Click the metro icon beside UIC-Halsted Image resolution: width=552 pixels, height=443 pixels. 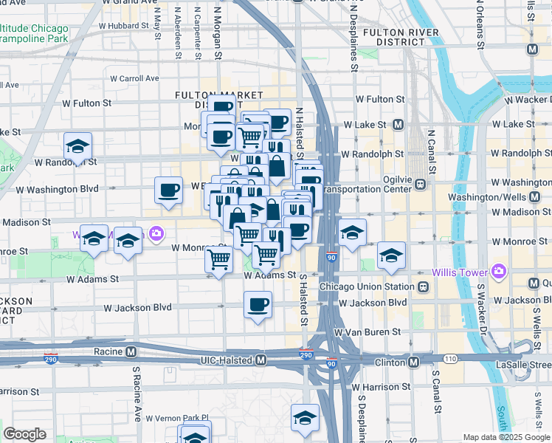click(260, 360)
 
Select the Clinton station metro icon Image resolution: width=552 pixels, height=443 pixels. click(413, 362)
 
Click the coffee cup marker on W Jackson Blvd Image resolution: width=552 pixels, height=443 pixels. click(258, 304)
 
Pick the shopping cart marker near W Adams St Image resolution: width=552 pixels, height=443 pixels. click(219, 260)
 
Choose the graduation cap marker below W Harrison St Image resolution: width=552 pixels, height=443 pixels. click(305, 417)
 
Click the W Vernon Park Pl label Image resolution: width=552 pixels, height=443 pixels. click(178, 417)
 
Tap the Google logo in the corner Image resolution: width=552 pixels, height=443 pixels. click(24, 434)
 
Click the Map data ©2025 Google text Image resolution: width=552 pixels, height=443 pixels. click(506, 437)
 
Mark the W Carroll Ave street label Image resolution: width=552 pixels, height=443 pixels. click(135, 78)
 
